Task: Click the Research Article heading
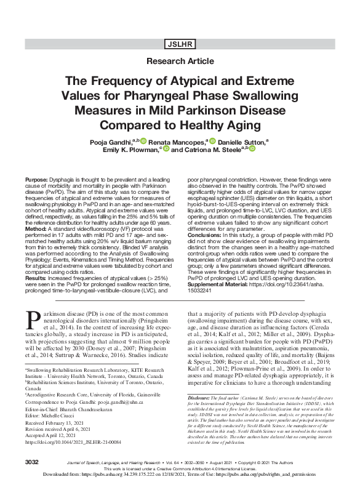[x=179, y=62]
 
